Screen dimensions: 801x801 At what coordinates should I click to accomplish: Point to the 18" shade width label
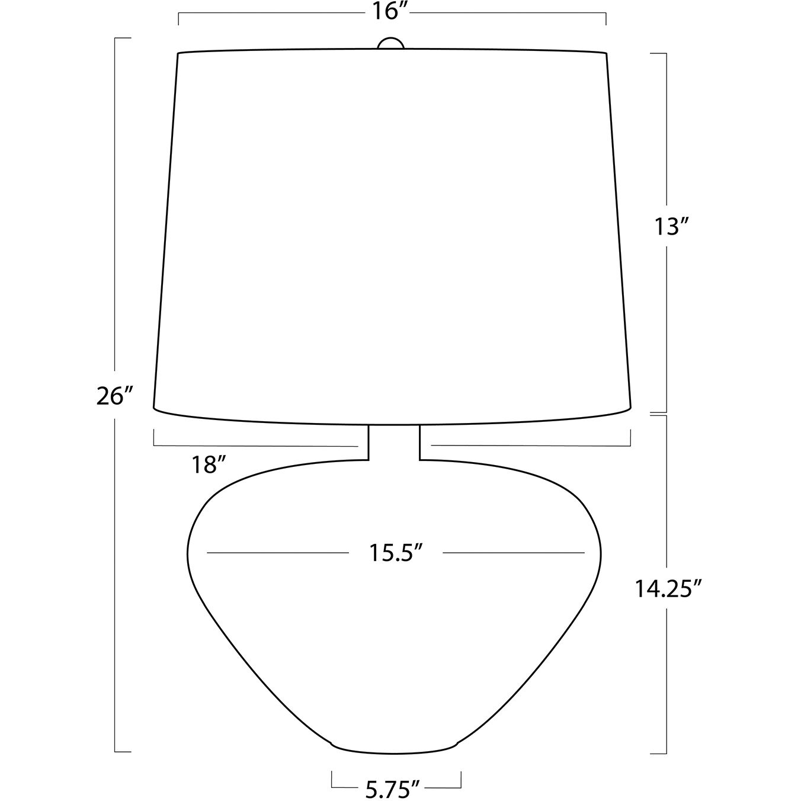pos(209,464)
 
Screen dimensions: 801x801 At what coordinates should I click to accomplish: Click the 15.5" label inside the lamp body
pos(396,553)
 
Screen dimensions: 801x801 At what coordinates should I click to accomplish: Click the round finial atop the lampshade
pos(391,43)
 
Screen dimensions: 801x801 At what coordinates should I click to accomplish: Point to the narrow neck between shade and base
pos(394,443)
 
